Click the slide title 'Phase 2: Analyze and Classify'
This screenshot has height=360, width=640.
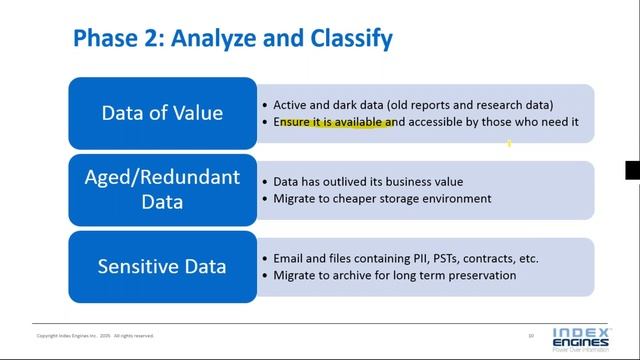pyautogui.click(x=233, y=39)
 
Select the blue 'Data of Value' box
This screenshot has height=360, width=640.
pyautogui.click(x=163, y=113)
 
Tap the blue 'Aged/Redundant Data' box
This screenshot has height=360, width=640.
pyautogui.click(x=163, y=189)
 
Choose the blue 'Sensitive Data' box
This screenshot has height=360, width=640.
pyautogui.click(x=163, y=266)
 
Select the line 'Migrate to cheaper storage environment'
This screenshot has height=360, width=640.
pyautogui.click(x=382, y=198)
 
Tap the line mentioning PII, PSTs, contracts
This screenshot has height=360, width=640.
pyautogui.click(x=406, y=258)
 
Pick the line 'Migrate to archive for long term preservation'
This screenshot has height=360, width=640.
pyautogui.click(x=394, y=274)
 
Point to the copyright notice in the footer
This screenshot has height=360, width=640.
pyautogui.click(x=95, y=336)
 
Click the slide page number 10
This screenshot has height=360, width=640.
pyautogui.click(x=531, y=335)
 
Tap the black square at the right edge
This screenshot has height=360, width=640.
pyautogui.click(x=632, y=170)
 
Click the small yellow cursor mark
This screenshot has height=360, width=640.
pyautogui.click(x=509, y=144)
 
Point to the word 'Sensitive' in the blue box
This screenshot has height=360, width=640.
pyautogui.click(x=134, y=266)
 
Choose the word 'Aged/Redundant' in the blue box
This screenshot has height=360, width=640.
pyautogui.click(x=163, y=178)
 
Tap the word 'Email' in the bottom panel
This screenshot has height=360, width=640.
pyautogui.click(x=290, y=258)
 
